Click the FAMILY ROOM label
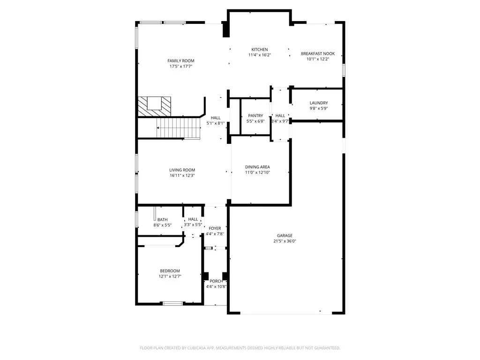tap(180, 60)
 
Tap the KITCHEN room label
tap(260, 49)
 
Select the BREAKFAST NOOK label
tap(318, 53)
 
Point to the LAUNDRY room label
tap(319, 103)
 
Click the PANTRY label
tap(255, 115)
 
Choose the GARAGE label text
tap(285, 235)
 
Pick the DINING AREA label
tap(257, 167)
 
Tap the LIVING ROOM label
tap(182, 170)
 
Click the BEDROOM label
tap(170, 271)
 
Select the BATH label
tap(163, 219)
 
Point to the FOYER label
tap(215, 228)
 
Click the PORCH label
tap(216, 281)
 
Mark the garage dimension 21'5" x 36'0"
tap(285, 241)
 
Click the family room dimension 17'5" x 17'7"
tap(181, 66)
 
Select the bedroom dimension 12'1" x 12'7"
tap(170, 277)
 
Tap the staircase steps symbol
tap(179, 128)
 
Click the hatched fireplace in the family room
tap(154, 106)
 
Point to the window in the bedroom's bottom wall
tap(172, 303)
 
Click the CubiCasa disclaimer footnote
tap(240, 348)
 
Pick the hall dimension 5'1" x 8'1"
tap(216, 123)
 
